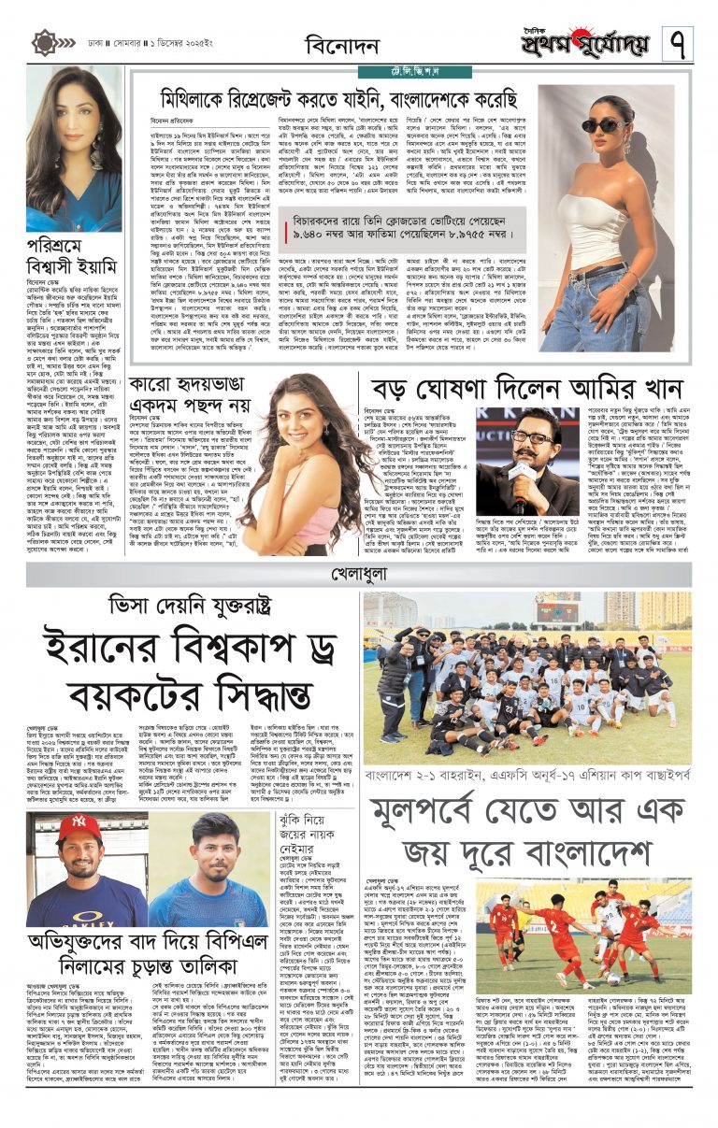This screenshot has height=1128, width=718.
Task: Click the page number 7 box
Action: point(678,42)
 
